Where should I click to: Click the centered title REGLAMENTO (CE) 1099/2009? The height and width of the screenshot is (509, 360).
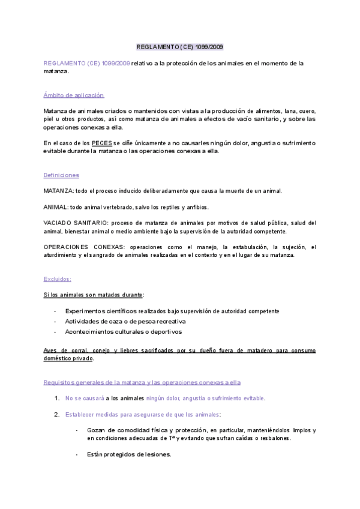pos(180,46)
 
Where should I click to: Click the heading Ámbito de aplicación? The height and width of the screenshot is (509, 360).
pos(74,95)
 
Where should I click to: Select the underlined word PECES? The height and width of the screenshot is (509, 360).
pos(101,143)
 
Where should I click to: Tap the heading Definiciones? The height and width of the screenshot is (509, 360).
pos(61,175)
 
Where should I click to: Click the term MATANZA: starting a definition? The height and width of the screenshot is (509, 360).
pos(57,191)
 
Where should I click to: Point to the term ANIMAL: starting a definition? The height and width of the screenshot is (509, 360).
pos(55,207)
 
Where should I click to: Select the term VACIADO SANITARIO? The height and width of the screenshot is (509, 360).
pos(75,223)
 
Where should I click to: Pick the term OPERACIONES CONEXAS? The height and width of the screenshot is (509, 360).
pos(80,247)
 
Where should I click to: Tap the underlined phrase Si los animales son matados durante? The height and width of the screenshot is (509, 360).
pos(93,295)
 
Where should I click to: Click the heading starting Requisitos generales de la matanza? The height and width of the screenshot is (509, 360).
pos(142,382)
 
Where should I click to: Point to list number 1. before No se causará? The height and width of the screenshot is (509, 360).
pos(56,398)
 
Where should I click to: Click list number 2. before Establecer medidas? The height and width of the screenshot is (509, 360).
pos(56,414)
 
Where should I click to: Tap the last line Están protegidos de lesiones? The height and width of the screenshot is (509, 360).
pos(129,454)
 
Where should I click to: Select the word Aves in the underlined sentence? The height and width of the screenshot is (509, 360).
pos(50,350)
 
